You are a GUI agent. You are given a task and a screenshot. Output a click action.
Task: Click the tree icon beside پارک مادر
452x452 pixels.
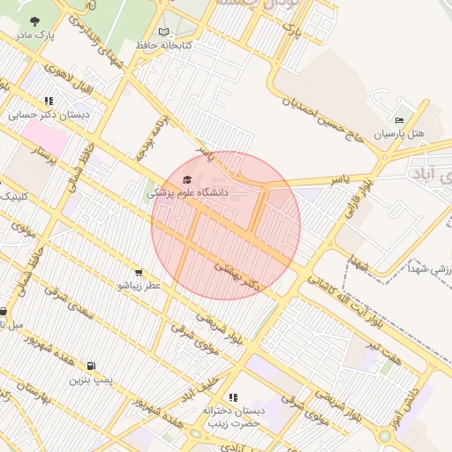point(34,20)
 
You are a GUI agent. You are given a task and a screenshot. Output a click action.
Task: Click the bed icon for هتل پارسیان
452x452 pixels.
point(399,120)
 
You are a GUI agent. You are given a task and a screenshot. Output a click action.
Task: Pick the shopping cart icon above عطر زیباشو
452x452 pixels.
point(139,272)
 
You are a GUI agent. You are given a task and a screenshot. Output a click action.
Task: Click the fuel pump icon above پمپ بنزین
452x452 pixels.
point(91,366)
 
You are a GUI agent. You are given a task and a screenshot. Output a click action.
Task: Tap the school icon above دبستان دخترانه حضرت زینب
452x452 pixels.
point(233,398)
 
